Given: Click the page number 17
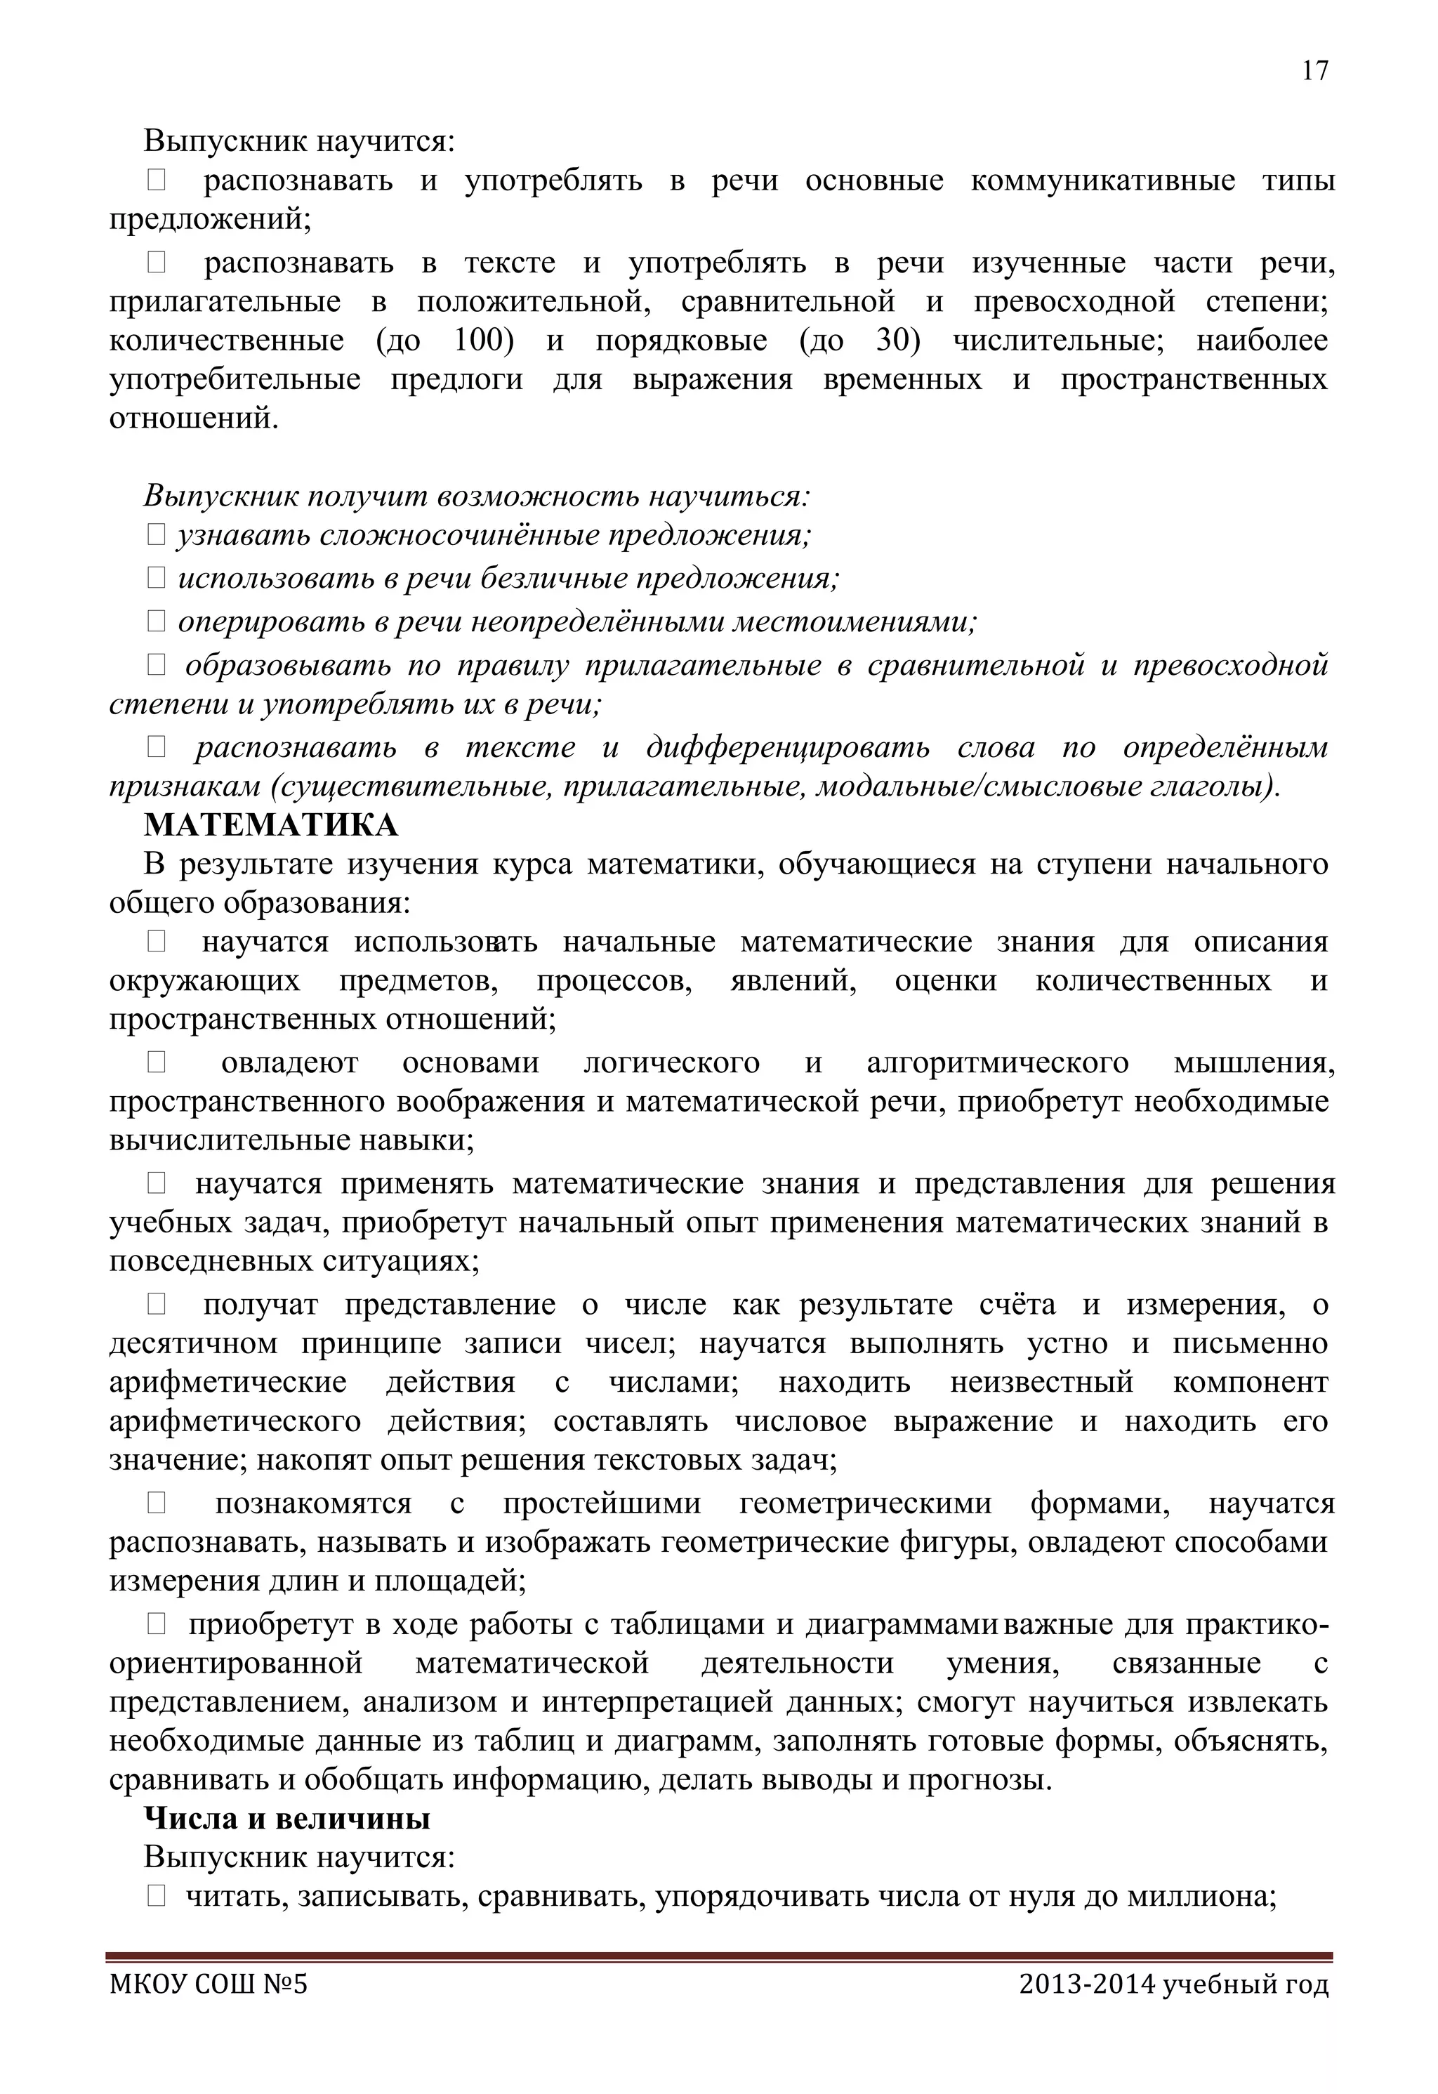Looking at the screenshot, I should click(x=1314, y=71).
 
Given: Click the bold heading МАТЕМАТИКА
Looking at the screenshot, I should click(x=270, y=825).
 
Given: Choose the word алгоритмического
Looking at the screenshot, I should click(x=998, y=1063).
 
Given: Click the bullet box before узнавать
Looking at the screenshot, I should click(x=156, y=535).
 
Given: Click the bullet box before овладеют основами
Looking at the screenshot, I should click(x=156, y=1063).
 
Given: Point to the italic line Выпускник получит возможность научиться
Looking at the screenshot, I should click(x=477, y=496).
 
